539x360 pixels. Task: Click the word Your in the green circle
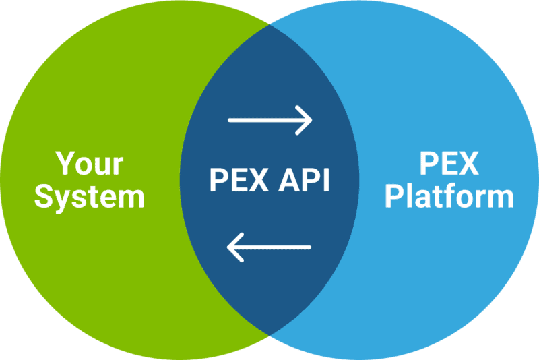(90, 164)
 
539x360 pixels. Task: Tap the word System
(90, 196)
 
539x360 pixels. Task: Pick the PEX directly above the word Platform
(449, 164)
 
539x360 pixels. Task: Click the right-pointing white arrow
(270, 120)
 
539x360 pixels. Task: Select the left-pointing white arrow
(269, 247)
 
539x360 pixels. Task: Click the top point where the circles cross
(269, 25)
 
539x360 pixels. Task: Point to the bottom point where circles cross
(269, 334)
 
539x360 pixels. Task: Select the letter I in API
(325, 180)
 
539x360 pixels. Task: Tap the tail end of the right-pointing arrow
(230, 120)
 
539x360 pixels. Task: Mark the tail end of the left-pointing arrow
(310, 247)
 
